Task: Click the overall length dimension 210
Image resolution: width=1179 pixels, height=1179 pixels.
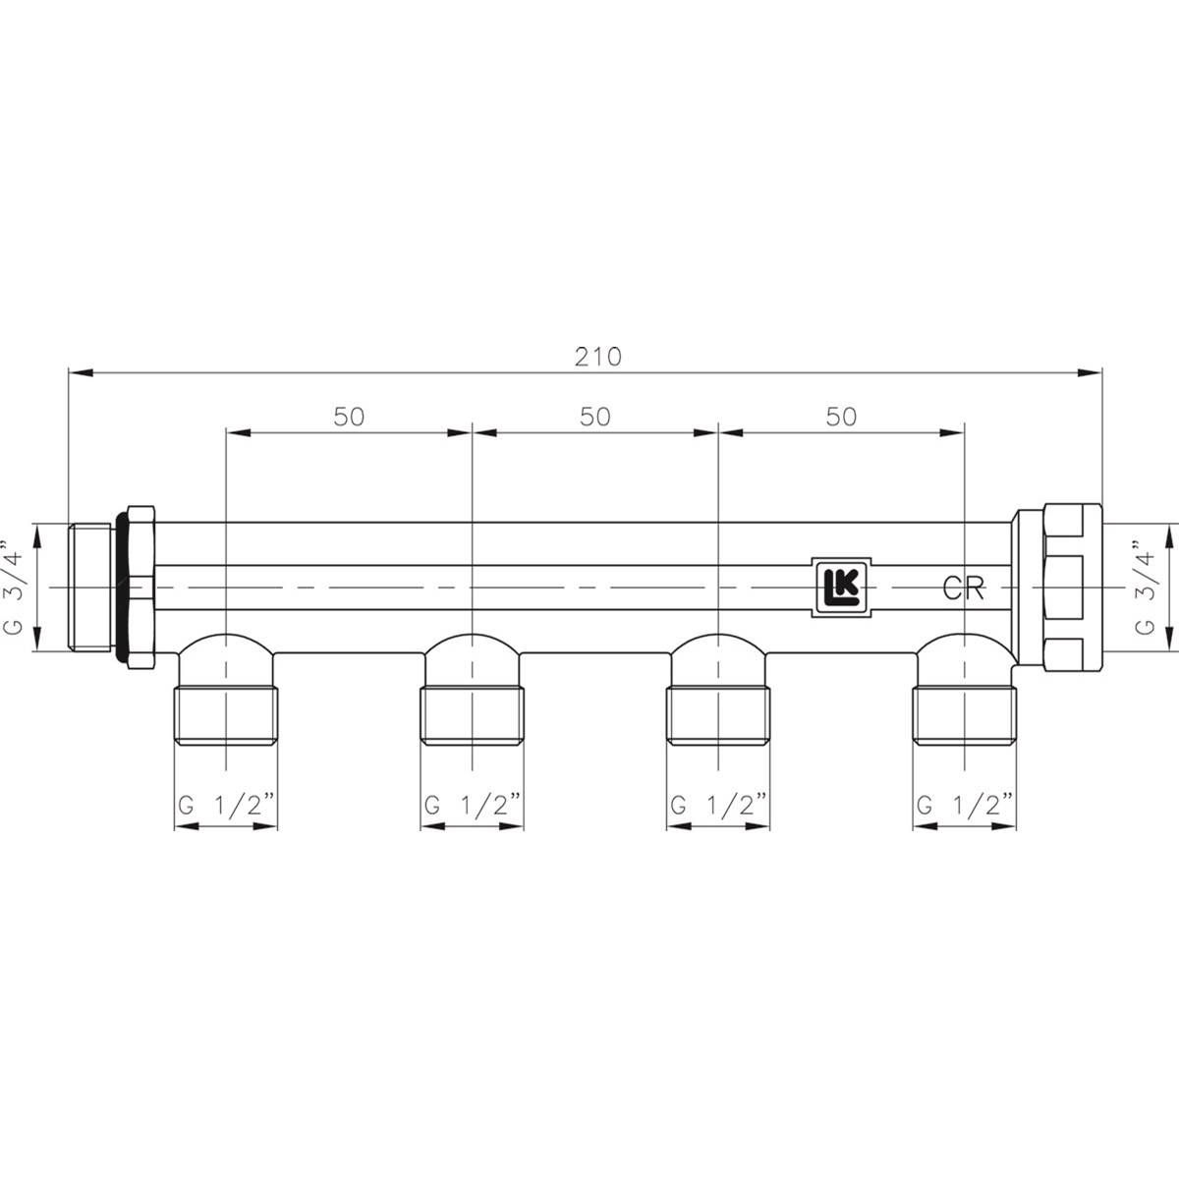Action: tap(597, 357)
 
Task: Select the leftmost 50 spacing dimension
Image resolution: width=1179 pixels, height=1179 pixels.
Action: tap(350, 417)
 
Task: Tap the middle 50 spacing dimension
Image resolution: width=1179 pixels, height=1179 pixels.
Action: tap(595, 417)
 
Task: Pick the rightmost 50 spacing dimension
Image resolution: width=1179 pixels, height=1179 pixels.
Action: tap(841, 417)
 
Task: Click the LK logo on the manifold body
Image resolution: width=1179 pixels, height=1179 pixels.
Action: tap(841, 588)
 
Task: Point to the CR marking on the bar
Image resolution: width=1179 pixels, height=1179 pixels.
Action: tap(963, 589)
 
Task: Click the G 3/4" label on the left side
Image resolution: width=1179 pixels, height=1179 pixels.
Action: tap(14, 587)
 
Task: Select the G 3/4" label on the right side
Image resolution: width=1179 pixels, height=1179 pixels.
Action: tap(1144, 587)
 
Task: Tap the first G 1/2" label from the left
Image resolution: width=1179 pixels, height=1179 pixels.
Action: tap(226, 805)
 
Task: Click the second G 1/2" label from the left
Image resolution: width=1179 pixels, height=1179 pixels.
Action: tap(473, 805)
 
